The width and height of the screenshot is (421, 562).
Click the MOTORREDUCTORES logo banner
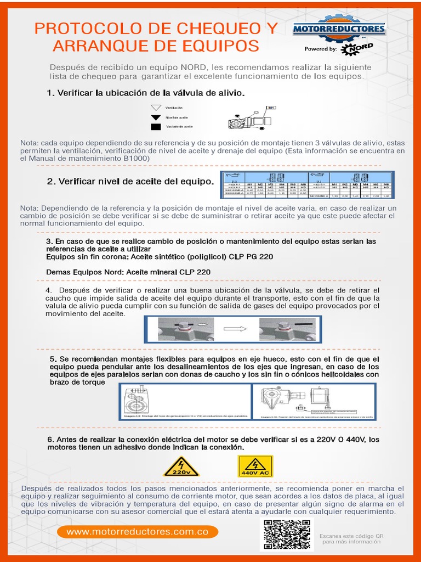[339, 29]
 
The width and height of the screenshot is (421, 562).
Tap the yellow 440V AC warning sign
[255, 467]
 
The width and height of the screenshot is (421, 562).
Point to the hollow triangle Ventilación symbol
[156, 108]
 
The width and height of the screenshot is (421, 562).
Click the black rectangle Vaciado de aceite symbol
[156, 127]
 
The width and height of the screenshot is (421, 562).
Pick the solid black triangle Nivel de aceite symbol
[156, 117]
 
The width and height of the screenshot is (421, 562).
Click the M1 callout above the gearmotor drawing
[271, 107]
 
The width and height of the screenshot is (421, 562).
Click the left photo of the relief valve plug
[182, 329]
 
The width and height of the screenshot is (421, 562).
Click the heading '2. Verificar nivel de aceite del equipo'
[130, 181]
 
